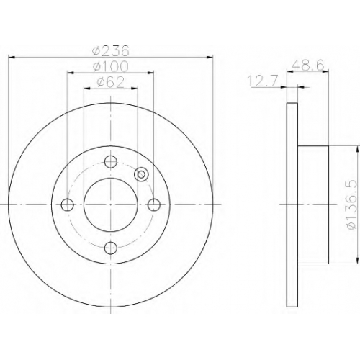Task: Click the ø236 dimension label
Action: point(111,50)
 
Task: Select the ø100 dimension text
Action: point(111,66)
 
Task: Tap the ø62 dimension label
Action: point(111,82)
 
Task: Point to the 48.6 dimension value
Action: point(308,65)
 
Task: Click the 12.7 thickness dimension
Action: point(263,81)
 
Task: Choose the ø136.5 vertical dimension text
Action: point(352,205)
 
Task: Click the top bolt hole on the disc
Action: point(111,162)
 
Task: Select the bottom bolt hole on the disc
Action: point(111,248)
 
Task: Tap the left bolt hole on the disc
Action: point(68,205)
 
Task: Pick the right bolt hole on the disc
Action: point(154,205)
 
